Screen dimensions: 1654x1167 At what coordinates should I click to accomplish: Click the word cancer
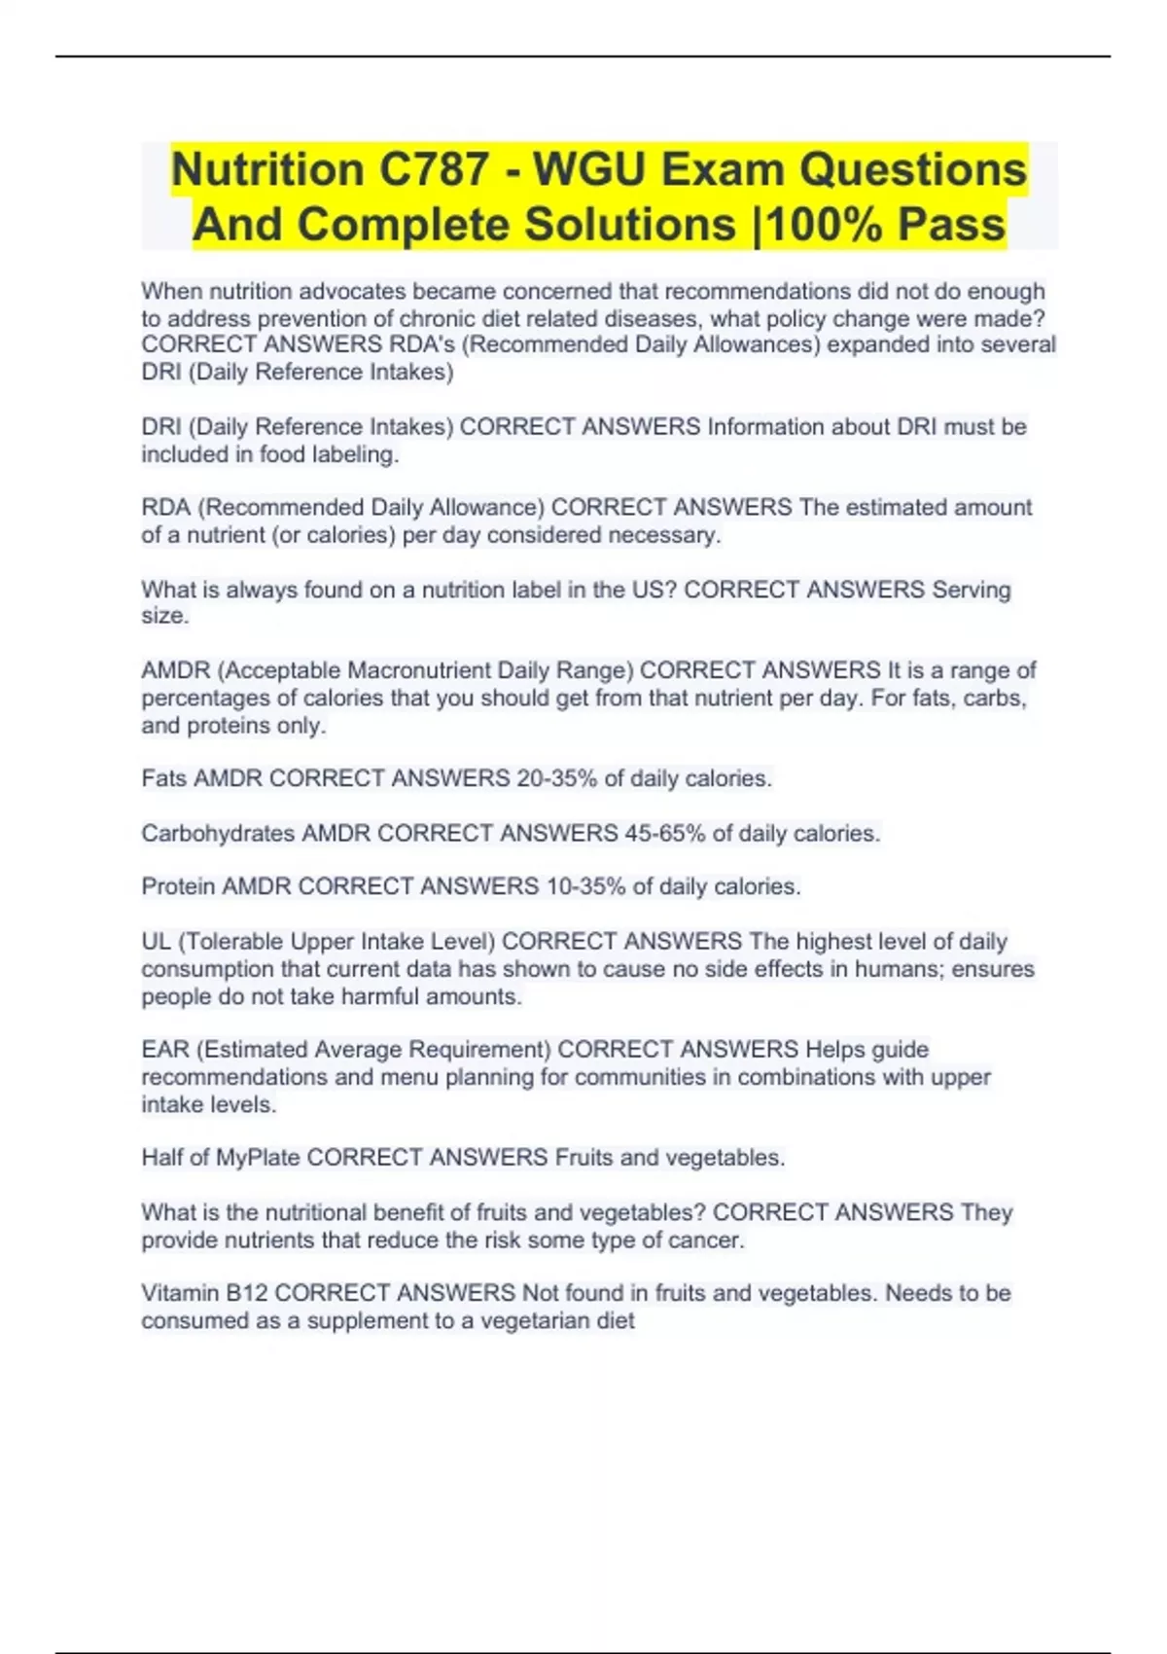[x=709, y=1240]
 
